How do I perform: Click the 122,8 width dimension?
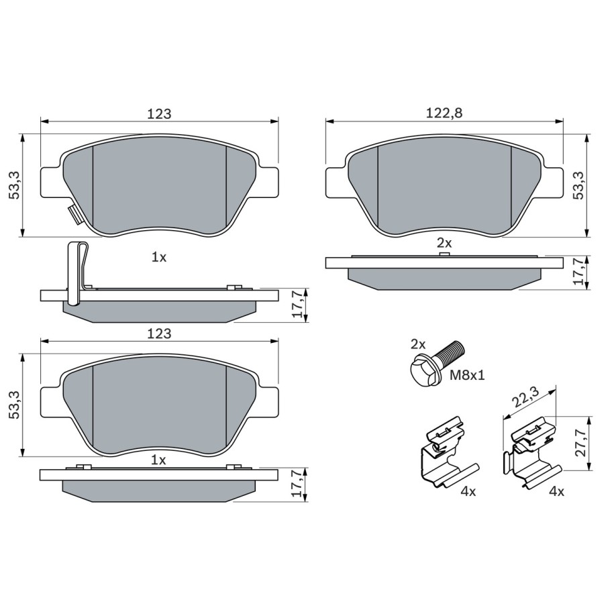pyautogui.click(x=444, y=113)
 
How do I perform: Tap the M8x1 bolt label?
pyautogui.click(x=467, y=376)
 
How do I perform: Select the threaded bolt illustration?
pyautogui.click(x=436, y=363)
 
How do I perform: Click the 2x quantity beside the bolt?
pyautogui.click(x=418, y=344)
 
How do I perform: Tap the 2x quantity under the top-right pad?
pyautogui.click(x=444, y=243)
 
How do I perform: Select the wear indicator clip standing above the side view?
pyautogui.click(x=79, y=273)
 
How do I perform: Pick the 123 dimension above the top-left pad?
pyautogui.click(x=160, y=114)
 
